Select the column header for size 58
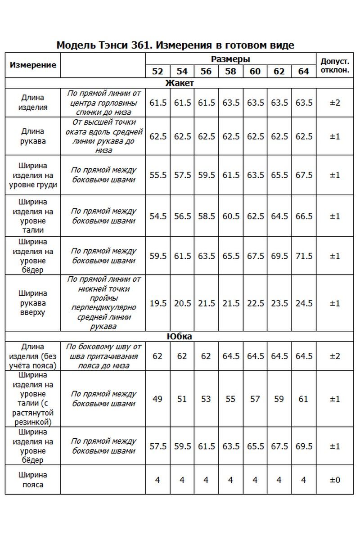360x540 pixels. point(230,72)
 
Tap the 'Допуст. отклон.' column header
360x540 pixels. point(335,65)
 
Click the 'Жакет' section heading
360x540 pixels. point(180,83)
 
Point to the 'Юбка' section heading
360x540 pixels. point(180,337)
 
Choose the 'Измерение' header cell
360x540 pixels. point(33,65)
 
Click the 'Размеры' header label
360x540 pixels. point(230,59)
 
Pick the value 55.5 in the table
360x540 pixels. point(158,175)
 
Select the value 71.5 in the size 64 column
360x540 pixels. point(304,256)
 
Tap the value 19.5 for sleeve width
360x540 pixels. point(158,303)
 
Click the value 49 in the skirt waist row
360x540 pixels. point(158,399)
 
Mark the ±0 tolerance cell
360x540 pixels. point(335,480)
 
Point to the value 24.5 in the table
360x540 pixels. point(304,303)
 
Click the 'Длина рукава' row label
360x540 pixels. point(33,136)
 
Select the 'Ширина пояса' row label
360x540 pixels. point(33,480)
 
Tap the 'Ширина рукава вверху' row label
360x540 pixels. point(33,303)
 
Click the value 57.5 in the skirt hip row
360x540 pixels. point(158,446)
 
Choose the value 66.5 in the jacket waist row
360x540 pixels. point(304,216)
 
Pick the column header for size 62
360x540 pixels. point(279,72)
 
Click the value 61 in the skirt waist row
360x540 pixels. point(304,399)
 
